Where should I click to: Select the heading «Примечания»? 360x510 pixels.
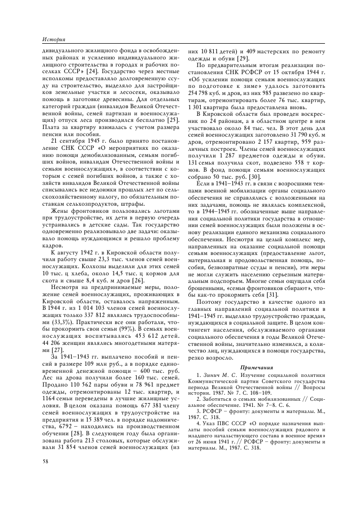coord(256,367)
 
